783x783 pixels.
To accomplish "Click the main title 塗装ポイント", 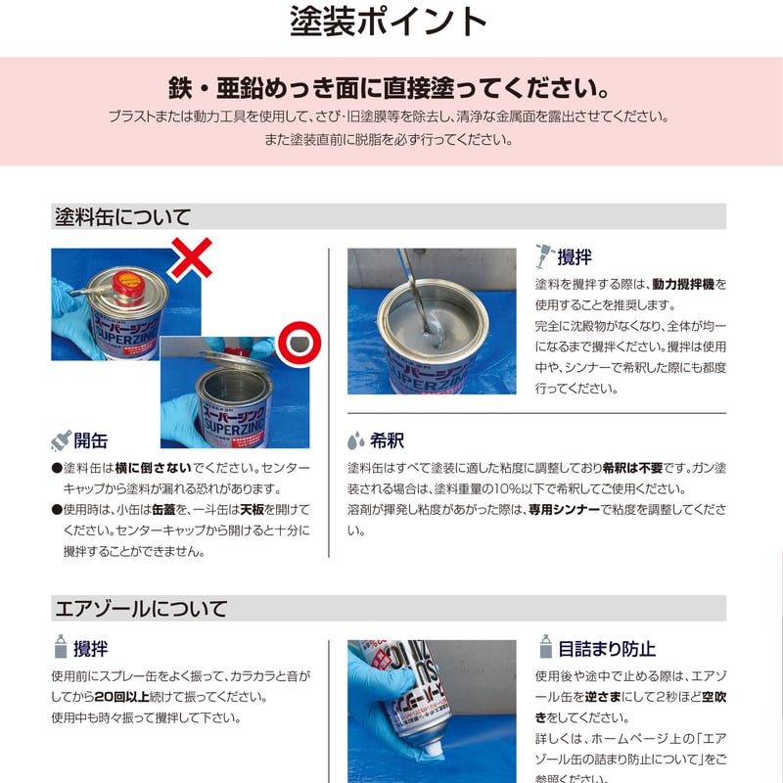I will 389,23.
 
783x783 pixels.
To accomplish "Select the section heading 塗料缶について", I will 122,216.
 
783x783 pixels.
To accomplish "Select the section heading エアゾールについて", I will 139,608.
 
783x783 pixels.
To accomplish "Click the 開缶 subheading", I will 91,439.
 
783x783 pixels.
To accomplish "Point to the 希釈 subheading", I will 387,439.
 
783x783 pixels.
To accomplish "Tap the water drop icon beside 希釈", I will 357,439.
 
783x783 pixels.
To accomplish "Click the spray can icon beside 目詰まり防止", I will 545,647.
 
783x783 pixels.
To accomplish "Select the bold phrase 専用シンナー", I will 564,510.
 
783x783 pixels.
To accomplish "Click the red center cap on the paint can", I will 125,282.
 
